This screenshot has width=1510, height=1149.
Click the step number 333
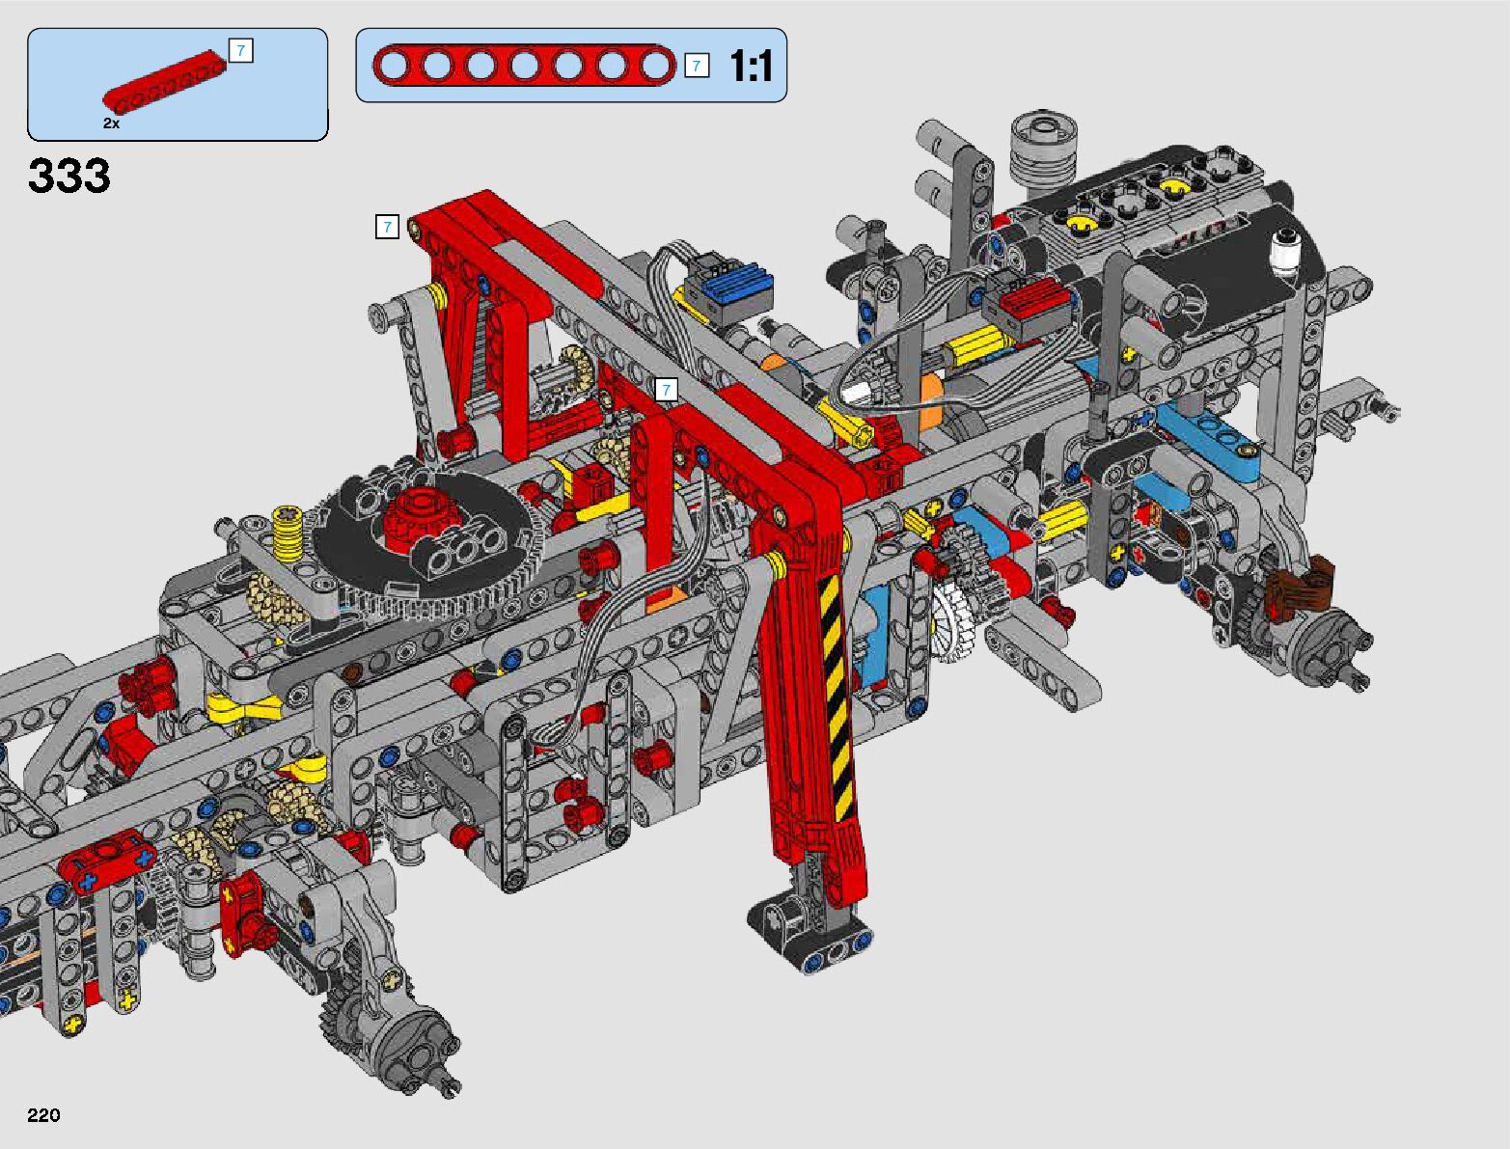coord(69,176)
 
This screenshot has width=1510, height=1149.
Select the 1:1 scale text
coord(752,66)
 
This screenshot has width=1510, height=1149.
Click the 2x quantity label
coord(112,123)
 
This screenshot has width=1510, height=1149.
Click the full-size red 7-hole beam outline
coord(524,66)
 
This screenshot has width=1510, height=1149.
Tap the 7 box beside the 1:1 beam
coord(697,66)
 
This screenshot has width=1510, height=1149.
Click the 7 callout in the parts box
coord(241,50)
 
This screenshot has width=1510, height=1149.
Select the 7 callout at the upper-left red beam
coord(387,226)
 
